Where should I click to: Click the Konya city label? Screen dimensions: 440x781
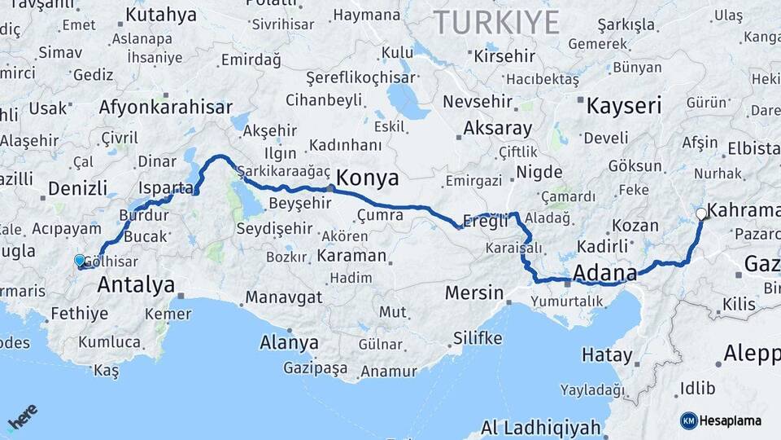(367, 178)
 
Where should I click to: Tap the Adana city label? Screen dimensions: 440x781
(605, 272)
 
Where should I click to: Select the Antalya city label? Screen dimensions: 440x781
(136, 284)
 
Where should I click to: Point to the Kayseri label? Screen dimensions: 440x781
(624, 105)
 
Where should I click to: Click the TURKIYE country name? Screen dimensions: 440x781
(496, 22)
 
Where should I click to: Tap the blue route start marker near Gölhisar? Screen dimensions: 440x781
(80, 261)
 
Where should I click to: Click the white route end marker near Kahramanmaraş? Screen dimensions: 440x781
(701, 214)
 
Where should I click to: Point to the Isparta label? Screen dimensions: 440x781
(166, 188)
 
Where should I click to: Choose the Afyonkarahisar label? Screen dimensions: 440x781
(165, 107)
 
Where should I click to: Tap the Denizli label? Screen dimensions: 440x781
(77, 188)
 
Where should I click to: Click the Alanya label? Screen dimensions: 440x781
(289, 342)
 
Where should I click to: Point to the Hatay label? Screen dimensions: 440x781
(607, 354)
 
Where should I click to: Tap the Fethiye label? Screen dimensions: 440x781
(79, 313)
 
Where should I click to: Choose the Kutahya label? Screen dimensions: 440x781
(161, 15)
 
